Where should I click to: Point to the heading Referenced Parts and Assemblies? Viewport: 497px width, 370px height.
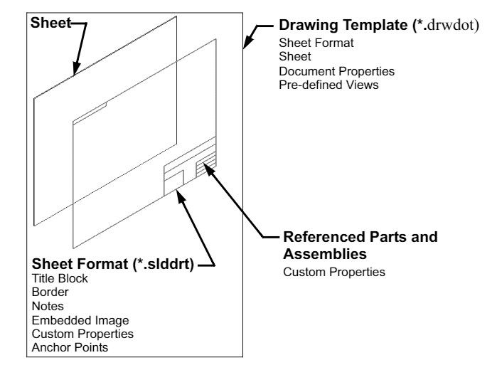[360, 243]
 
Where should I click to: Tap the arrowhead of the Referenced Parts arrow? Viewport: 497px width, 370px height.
[206, 166]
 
